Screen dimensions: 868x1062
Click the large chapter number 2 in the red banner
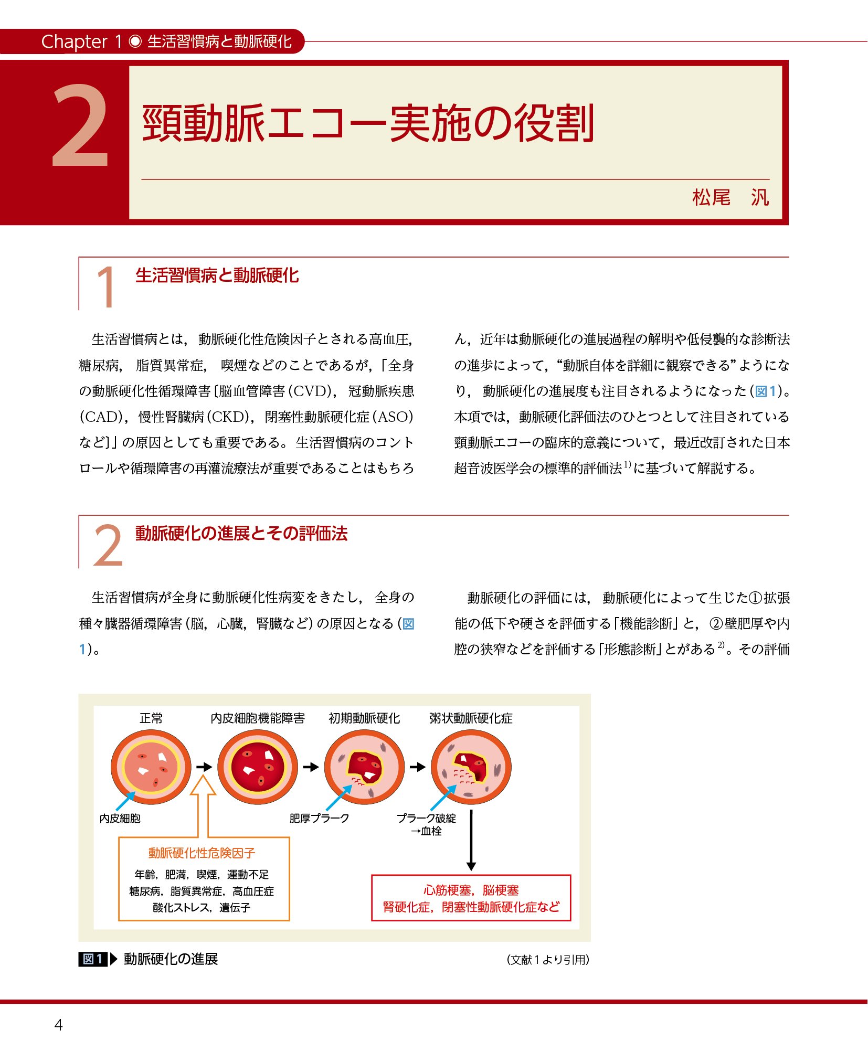(x=80, y=126)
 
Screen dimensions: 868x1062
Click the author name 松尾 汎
(x=731, y=198)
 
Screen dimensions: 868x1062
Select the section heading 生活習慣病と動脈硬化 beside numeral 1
(x=217, y=275)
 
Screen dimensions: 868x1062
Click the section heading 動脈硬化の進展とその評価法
(x=241, y=534)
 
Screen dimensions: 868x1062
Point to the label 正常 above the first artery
(x=151, y=718)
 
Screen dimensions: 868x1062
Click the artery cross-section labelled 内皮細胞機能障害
(x=258, y=767)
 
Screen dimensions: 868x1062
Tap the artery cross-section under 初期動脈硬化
(x=364, y=767)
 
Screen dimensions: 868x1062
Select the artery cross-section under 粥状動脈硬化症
(x=471, y=767)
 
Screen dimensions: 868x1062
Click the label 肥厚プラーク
(x=319, y=818)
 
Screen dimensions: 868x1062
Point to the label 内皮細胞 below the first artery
(x=120, y=819)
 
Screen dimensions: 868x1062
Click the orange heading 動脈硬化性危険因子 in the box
(x=202, y=853)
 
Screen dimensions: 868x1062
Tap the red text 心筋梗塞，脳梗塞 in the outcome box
(x=471, y=890)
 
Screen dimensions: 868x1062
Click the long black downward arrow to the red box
(x=471, y=840)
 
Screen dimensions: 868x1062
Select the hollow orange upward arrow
(x=203, y=806)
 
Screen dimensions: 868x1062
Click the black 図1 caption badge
(x=93, y=959)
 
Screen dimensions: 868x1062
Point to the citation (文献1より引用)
(x=548, y=960)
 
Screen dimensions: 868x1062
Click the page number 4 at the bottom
(x=58, y=1025)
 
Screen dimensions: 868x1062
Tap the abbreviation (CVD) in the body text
(x=312, y=391)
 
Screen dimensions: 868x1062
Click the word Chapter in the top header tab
(x=75, y=41)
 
